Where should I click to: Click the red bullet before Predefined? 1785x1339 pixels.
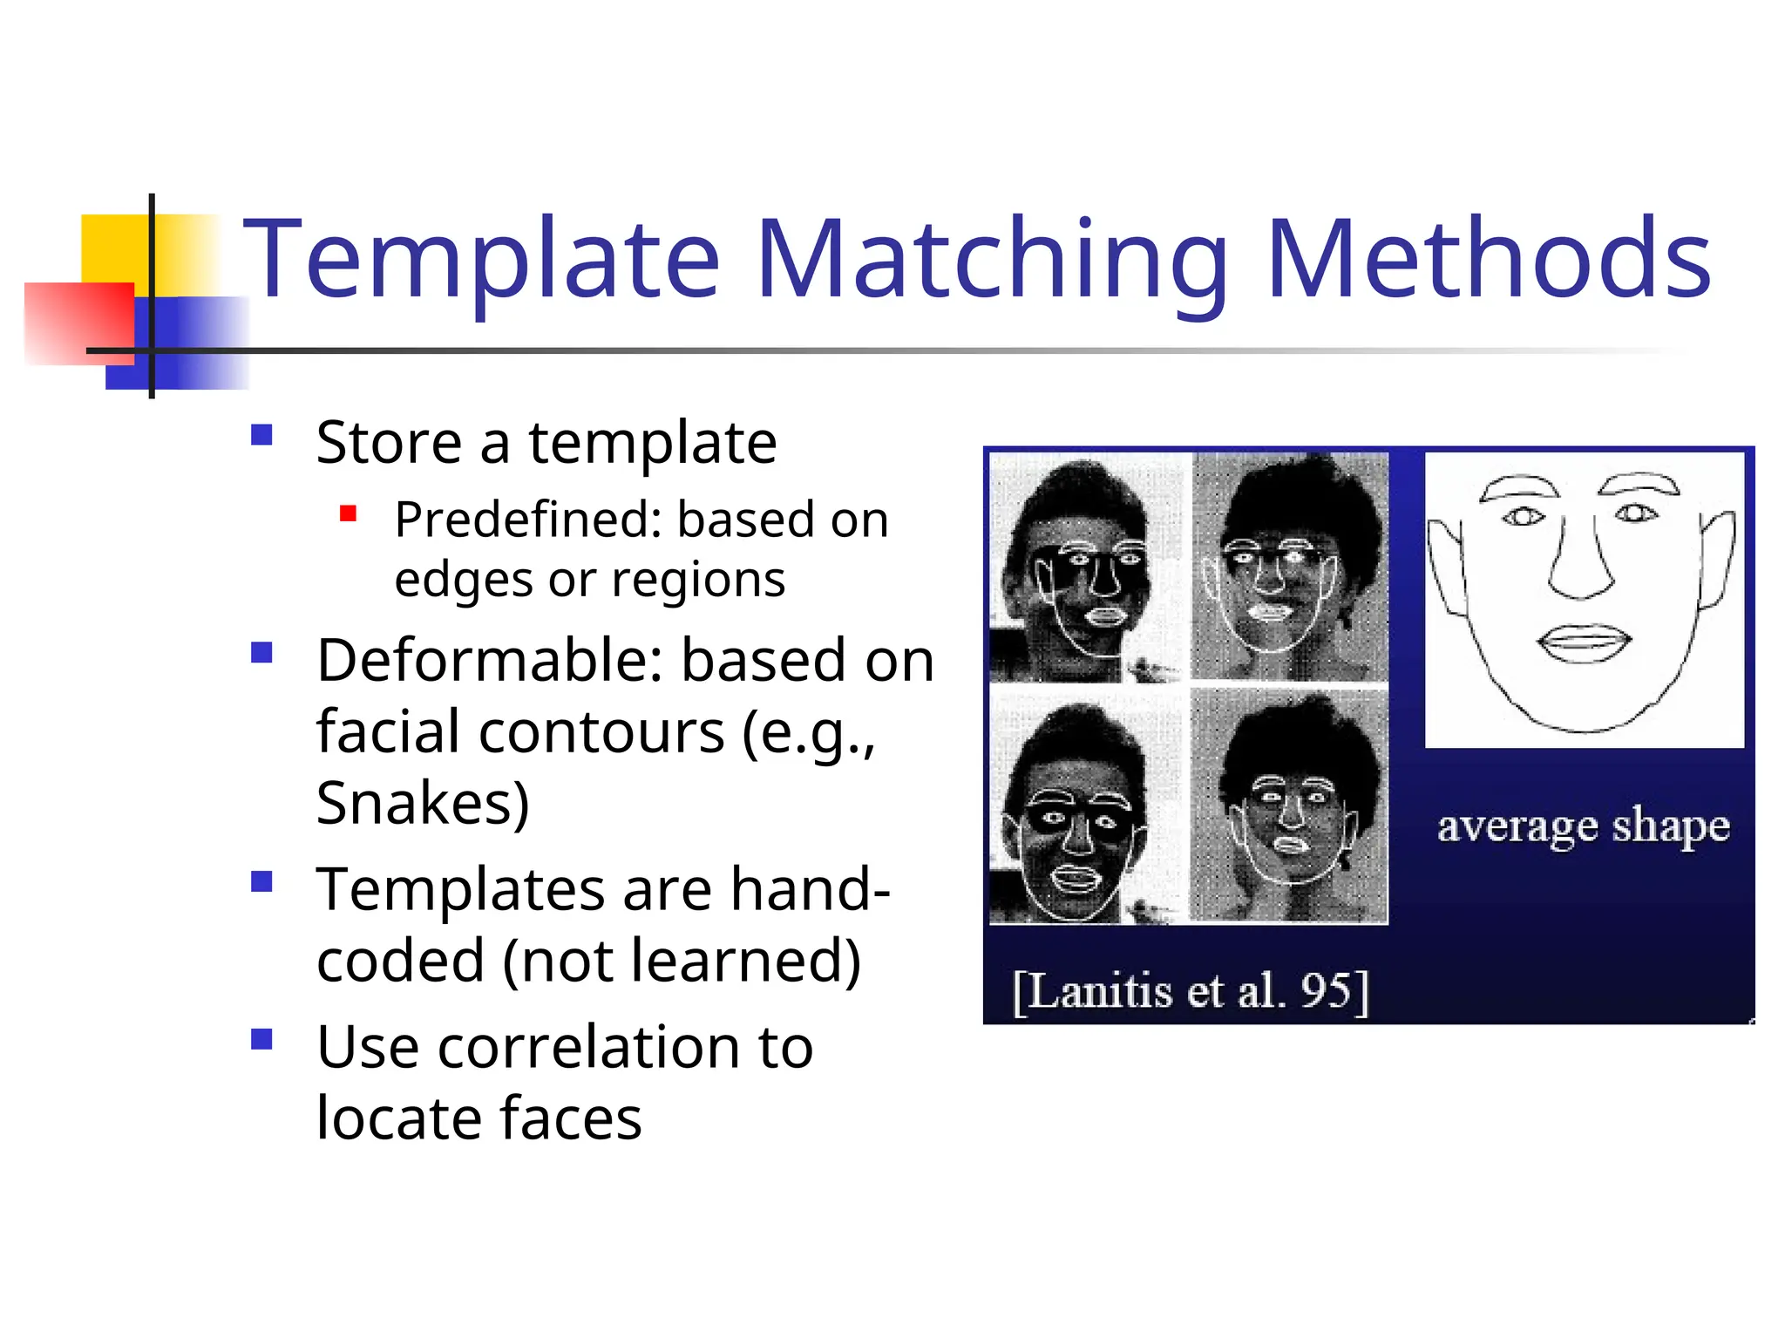349,513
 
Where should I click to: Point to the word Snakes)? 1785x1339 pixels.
423,803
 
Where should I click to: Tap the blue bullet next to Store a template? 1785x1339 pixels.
261,435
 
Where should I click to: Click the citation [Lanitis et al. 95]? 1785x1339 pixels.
1191,991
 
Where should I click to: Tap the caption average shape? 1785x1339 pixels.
1583,826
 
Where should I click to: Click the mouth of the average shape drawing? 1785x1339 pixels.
1584,643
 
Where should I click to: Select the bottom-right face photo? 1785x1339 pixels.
1289,806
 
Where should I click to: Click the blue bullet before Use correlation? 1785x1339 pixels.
261,1039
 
